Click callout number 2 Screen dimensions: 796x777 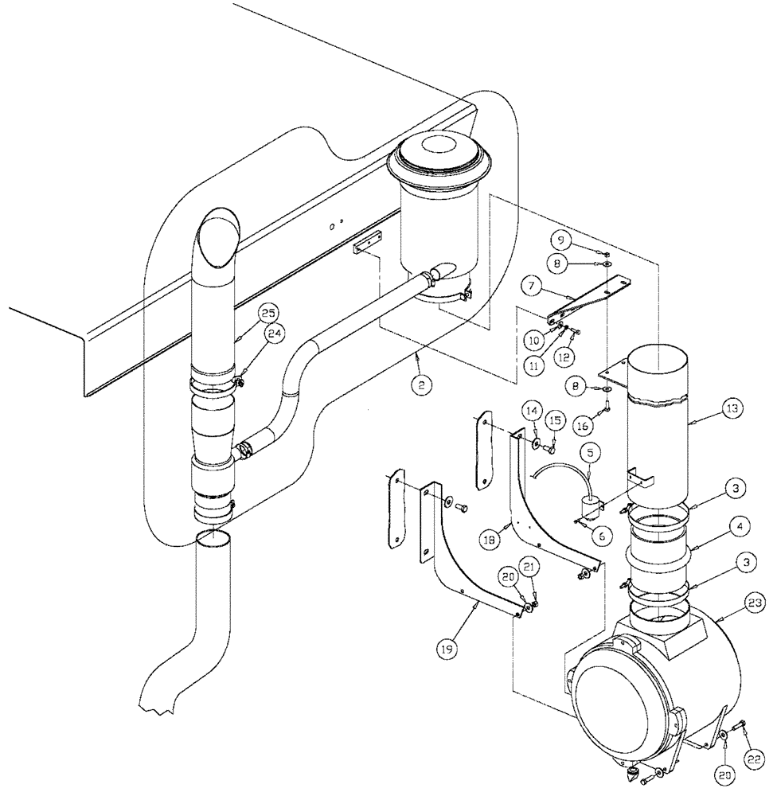pos(422,384)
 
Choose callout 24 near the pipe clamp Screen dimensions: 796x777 pos(273,334)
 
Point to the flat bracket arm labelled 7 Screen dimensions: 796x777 pos(589,302)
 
